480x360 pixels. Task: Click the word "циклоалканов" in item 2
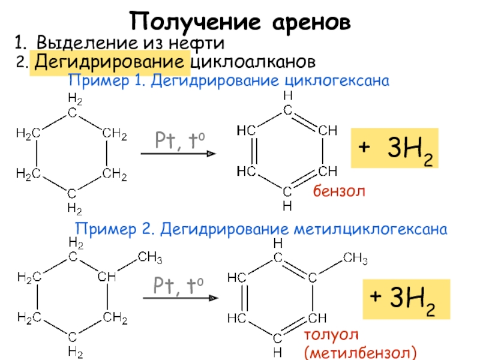tap(252, 62)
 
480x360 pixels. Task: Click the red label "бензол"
tap(338, 191)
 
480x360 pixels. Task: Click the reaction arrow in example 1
tap(178, 154)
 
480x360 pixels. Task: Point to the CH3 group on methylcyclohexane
tap(150, 258)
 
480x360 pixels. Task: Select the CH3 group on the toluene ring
tap(355, 259)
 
